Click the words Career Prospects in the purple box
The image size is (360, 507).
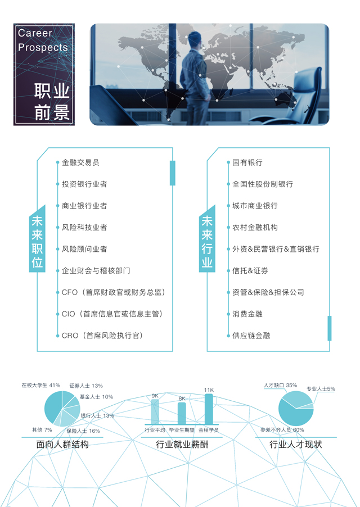[43, 40]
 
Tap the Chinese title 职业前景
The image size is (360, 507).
[52, 101]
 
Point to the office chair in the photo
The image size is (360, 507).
[304, 96]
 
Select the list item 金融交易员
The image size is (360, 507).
[80, 162]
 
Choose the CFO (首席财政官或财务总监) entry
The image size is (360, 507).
[113, 292]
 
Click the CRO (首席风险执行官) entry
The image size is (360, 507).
[102, 336]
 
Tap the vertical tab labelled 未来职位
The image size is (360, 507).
[37, 242]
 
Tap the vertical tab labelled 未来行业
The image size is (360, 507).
[207, 242]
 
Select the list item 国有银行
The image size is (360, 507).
[247, 162]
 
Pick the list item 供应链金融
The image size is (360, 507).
[251, 336]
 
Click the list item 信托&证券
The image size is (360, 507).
[250, 271]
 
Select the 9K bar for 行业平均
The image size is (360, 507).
[155, 412]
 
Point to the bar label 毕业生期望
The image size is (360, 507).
[182, 430]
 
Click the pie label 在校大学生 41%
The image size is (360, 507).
[40, 386]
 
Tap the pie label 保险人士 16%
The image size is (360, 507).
[83, 431]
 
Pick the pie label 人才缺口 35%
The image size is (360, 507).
[280, 386]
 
